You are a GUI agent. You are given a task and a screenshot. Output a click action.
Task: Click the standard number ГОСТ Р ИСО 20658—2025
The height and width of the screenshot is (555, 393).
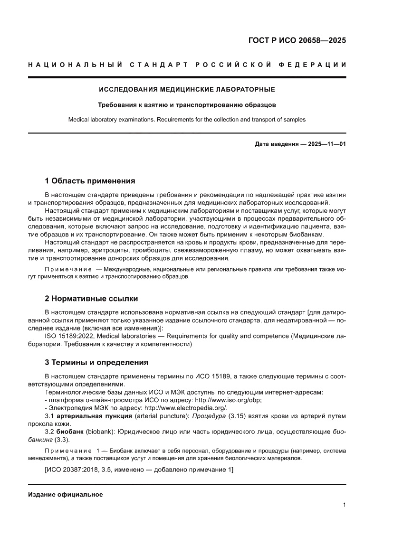[297, 40]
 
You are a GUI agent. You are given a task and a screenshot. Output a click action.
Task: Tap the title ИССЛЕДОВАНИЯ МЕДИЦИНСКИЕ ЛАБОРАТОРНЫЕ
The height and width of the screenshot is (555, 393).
[187, 89]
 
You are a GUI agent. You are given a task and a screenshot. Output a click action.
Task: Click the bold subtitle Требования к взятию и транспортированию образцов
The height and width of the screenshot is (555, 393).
[187, 104]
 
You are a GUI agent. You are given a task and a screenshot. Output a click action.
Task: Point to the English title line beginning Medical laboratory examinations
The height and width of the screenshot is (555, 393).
[187, 120]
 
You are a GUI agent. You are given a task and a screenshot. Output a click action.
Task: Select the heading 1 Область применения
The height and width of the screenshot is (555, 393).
[90, 181]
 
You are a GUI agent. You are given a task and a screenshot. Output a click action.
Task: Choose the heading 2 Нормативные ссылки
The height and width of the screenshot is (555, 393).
[91, 299]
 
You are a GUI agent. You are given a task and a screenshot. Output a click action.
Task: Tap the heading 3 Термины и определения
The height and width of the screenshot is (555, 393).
[96, 362]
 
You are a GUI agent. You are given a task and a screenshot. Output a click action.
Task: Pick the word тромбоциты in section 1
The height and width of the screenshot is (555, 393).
[151, 251]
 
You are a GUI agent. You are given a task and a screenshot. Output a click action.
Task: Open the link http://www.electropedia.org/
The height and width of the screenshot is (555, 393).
[186, 408]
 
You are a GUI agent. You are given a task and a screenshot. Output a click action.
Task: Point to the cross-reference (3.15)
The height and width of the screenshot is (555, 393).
[230, 416]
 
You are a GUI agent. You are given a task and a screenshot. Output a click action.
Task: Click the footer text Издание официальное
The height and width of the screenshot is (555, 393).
[66, 495]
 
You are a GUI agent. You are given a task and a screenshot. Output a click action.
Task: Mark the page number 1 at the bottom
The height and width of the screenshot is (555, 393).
[344, 505]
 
